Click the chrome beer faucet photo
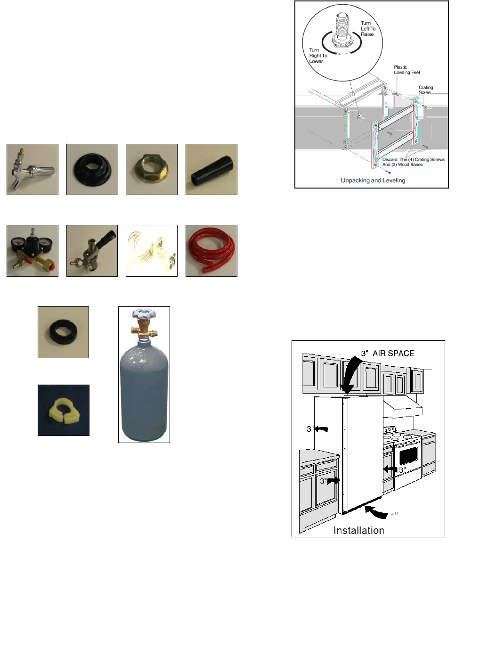click(x=33, y=170)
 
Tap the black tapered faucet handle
click(x=211, y=170)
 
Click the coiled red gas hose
click(x=211, y=251)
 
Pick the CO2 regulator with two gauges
click(x=33, y=251)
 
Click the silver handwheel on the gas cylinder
click(x=144, y=314)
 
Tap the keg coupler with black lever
click(x=92, y=251)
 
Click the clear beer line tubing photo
click(x=152, y=251)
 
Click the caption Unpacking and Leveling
click(x=373, y=180)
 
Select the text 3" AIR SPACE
click(x=387, y=353)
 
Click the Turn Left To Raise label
click(x=368, y=29)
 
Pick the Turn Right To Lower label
click(x=318, y=56)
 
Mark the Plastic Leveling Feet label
click(x=407, y=70)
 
